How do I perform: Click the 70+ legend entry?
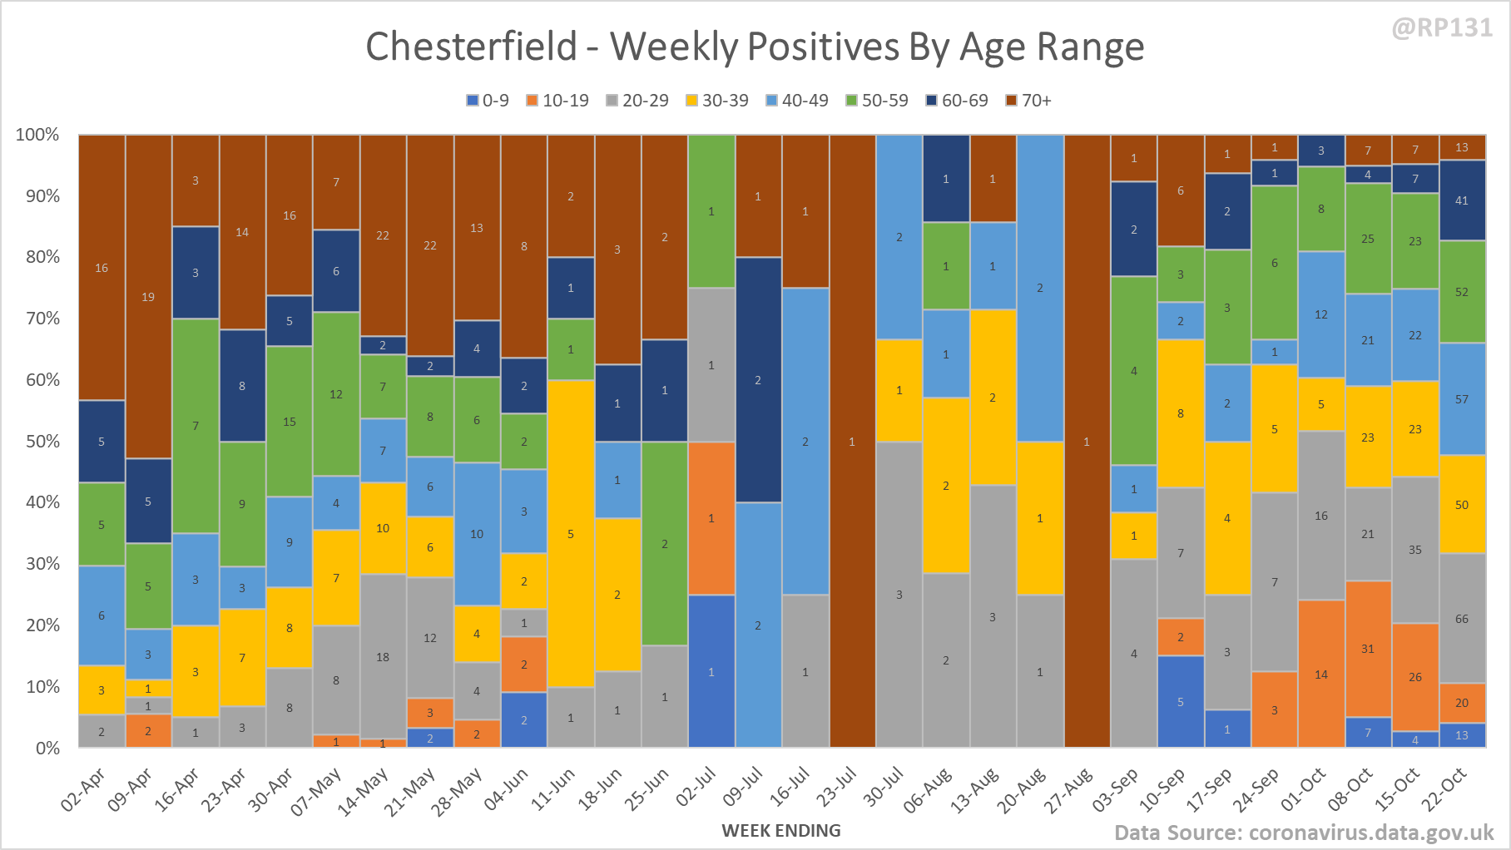(1028, 101)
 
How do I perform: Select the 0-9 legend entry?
(488, 101)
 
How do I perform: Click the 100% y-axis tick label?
(37, 135)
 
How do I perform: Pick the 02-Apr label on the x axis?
(84, 788)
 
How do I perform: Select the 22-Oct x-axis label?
(1444, 788)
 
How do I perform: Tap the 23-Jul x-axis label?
(836, 787)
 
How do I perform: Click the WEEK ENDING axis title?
(781, 830)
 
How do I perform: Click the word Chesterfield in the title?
(471, 46)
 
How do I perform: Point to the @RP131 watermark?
(1442, 27)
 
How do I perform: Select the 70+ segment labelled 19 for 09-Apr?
(148, 297)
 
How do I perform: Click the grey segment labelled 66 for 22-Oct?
(1462, 618)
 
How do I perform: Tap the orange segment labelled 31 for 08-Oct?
(1368, 649)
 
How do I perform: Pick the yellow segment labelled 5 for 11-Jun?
(571, 533)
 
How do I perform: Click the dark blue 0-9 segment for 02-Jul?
(711, 671)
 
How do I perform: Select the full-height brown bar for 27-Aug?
(1087, 441)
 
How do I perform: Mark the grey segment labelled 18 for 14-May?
(383, 656)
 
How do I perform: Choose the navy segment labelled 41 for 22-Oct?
(1462, 200)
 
